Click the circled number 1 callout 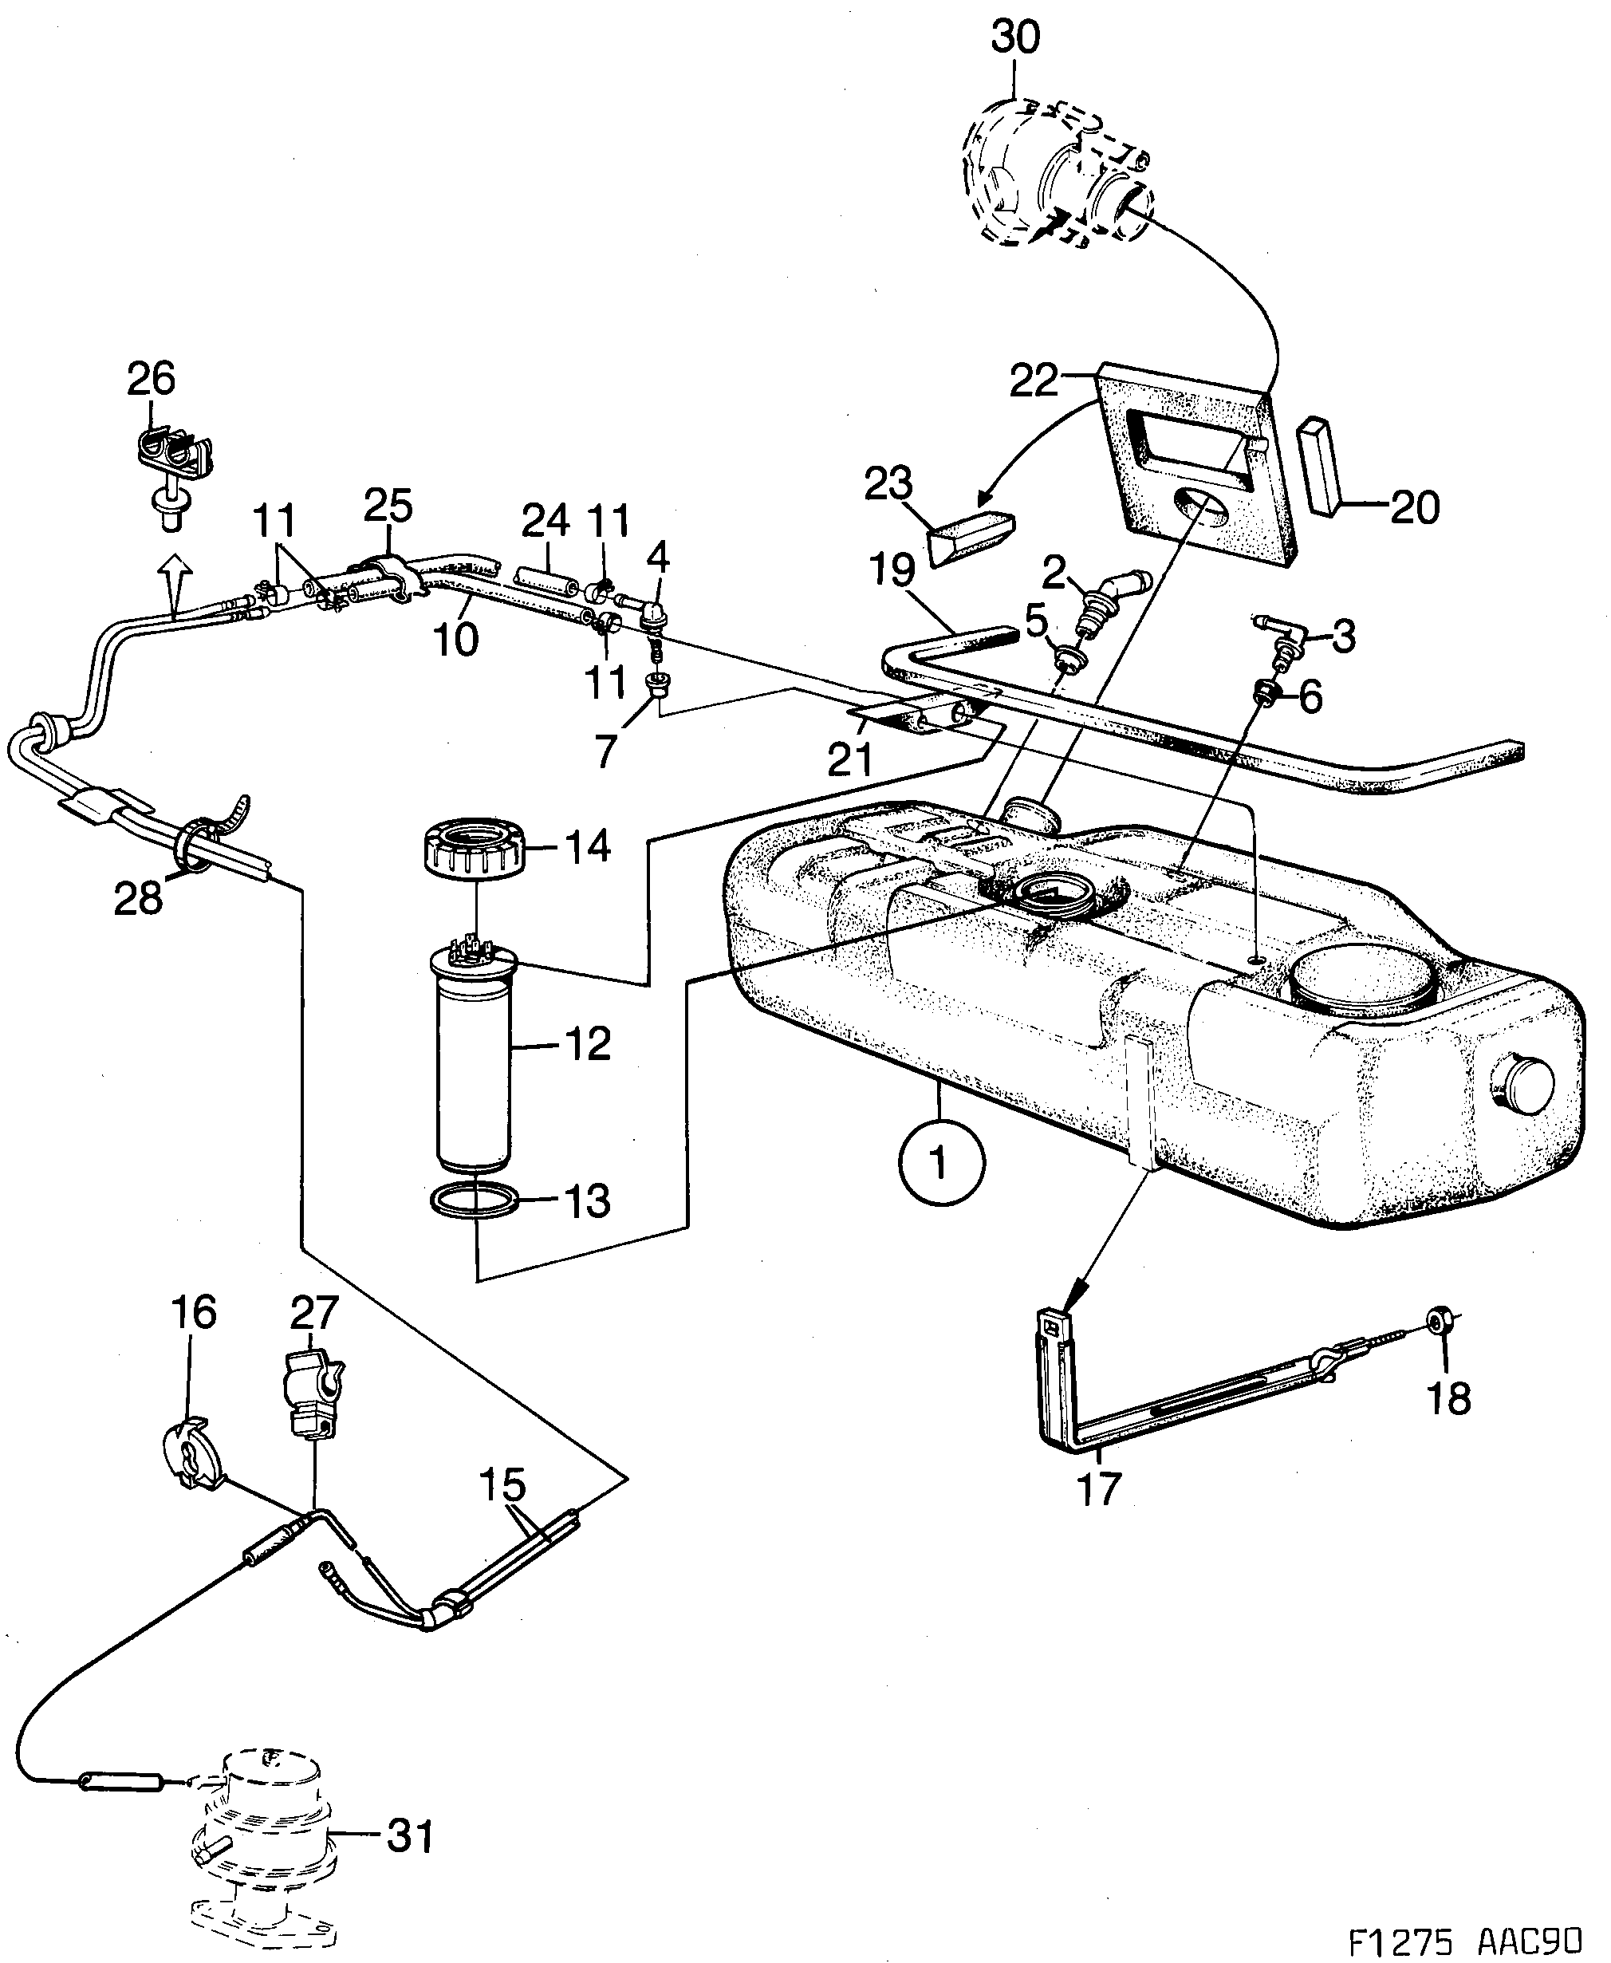click(x=941, y=1161)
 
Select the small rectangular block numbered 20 click(x=1323, y=467)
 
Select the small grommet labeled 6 click(x=1264, y=690)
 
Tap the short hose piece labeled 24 click(x=546, y=581)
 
